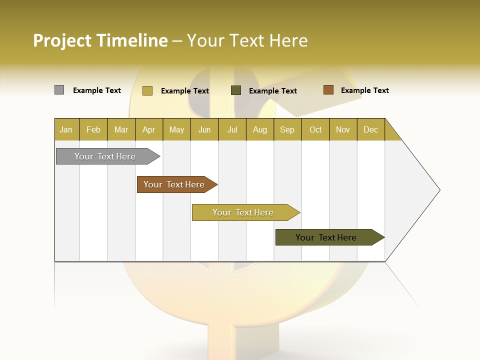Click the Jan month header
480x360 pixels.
66,129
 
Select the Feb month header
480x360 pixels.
93,129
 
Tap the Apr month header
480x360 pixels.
149,129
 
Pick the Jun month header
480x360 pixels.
204,129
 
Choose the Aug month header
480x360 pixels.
260,129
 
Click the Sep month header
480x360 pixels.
287,129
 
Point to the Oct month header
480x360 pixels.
315,129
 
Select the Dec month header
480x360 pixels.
371,129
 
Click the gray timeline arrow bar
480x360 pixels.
105,156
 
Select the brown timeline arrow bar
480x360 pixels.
174,184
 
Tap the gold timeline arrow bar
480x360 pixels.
243,212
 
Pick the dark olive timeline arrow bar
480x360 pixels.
326,237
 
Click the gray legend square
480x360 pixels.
59,90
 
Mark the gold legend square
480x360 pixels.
147,90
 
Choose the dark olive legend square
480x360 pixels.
236,90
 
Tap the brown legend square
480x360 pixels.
328,90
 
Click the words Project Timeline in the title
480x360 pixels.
100,40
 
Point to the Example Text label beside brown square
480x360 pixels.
365,90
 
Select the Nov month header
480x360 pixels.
343,129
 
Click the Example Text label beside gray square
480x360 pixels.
97,90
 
